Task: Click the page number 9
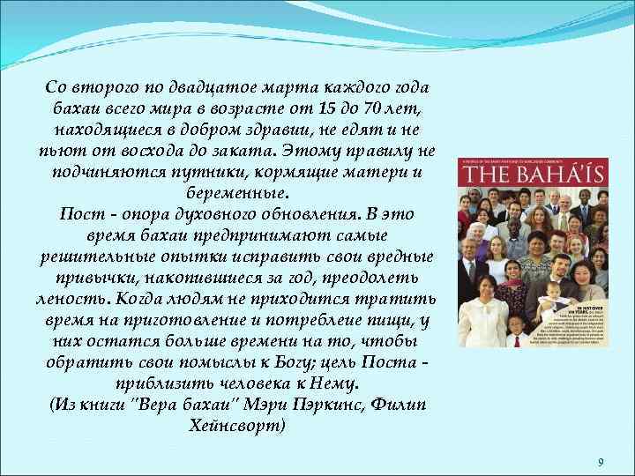coord(600,462)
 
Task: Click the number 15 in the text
coord(328,107)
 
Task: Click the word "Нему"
coord(336,384)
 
